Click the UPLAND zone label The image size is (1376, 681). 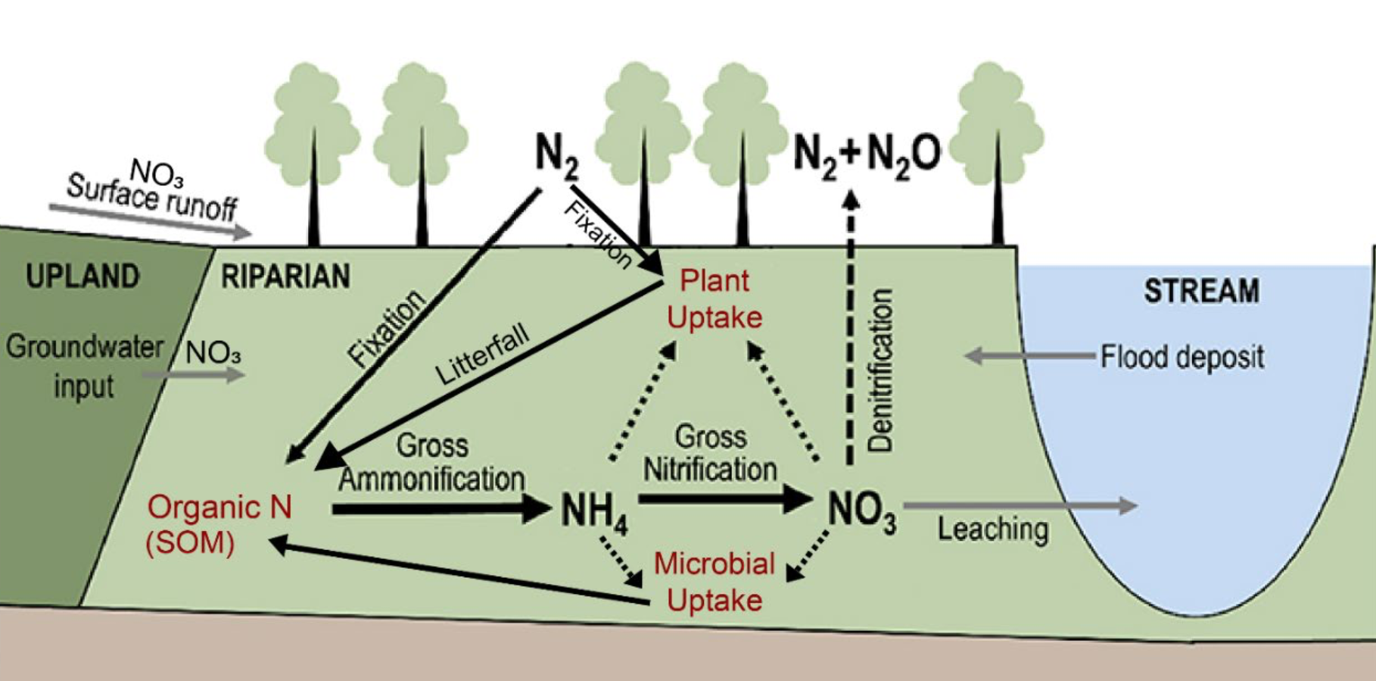(82, 276)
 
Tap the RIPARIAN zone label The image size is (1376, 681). (285, 276)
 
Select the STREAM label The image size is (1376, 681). (1201, 292)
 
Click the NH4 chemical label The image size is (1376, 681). (595, 512)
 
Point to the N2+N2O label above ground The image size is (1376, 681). (867, 154)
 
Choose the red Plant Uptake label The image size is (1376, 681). (714, 299)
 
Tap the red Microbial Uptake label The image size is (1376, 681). (714, 582)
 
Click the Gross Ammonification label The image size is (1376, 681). (432, 462)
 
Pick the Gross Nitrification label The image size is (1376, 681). (710, 453)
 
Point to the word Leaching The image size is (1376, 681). (993, 529)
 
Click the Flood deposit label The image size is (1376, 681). (1182, 357)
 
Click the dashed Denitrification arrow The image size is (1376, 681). (851, 326)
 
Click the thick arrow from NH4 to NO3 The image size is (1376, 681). (724, 498)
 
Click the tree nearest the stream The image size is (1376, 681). (997, 152)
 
